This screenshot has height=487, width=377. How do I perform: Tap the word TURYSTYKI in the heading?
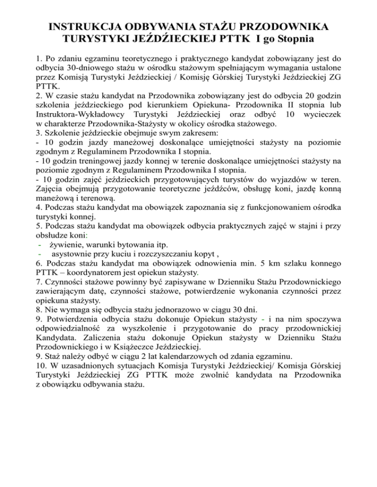100,37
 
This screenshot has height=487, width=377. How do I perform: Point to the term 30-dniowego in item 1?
96,69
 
